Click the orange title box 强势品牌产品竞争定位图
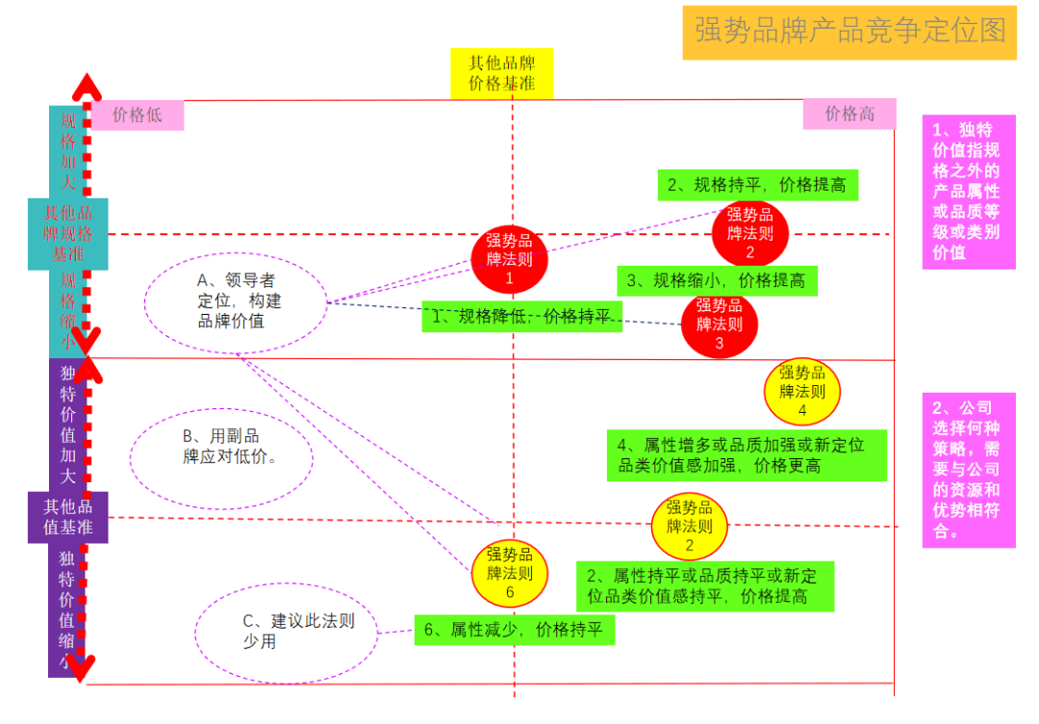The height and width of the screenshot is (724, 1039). click(x=849, y=32)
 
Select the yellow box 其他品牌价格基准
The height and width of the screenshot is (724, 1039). click(x=502, y=74)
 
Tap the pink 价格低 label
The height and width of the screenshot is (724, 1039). click(x=137, y=116)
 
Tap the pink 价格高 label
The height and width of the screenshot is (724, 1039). click(x=849, y=114)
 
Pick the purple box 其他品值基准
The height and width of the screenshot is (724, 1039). click(x=68, y=517)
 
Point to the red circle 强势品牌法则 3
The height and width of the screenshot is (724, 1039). click(x=719, y=324)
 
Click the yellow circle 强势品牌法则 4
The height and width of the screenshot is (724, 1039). click(x=801, y=392)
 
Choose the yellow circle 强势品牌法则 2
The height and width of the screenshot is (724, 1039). click(x=690, y=526)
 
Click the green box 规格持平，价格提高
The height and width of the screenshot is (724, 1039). click(x=757, y=185)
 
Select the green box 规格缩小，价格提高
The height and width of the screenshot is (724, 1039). click(x=717, y=281)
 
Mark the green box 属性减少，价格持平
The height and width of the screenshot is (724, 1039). click(x=514, y=631)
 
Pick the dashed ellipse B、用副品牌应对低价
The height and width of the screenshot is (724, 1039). click(x=222, y=447)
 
